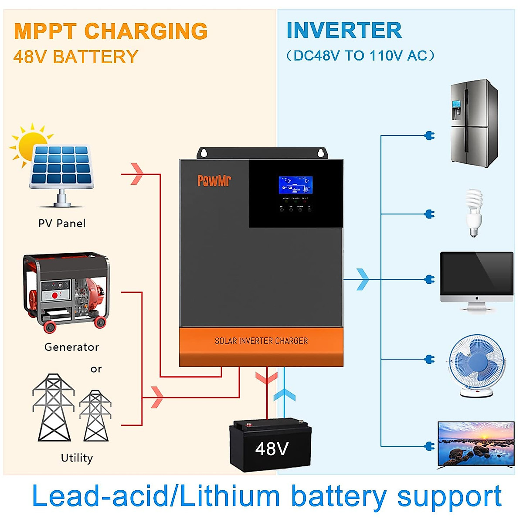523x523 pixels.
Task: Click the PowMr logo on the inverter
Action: pyautogui.click(x=214, y=180)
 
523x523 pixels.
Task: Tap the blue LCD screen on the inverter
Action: pyautogui.click(x=295, y=185)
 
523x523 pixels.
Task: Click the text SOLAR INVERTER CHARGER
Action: pyautogui.click(x=261, y=341)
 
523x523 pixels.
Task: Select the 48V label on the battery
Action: pyautogui.click(x=272, y=449)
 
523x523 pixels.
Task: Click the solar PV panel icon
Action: pyautogui.click(x=62, y=168)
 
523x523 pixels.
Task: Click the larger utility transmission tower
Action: pyautogui.click(x=53, y=408)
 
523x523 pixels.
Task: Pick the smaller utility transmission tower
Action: pyautogui.click(x=95, y=416)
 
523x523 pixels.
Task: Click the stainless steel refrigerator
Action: pyautogui.click(x=474, y=124)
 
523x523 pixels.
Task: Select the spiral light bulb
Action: pyautogui.click(x=474, y=212)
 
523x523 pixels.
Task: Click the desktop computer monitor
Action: pyautogui.click(x=476, y=279)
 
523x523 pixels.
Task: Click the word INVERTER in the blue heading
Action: pyautogui.click(x=344, y=31)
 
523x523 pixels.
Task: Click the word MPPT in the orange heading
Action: pyautogui.click(x=45, y=31)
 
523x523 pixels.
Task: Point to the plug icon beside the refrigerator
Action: pyautogui.click(x=430, y=136)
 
